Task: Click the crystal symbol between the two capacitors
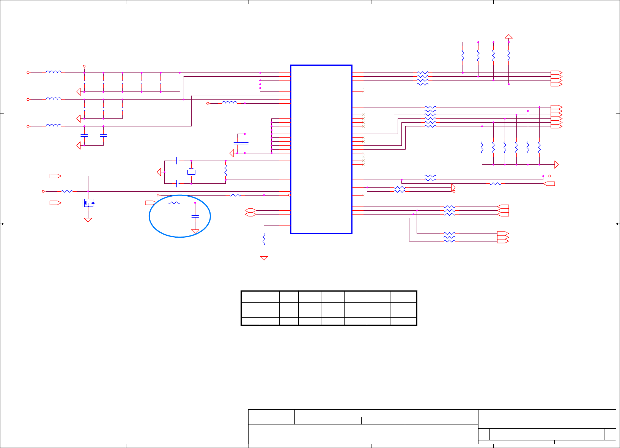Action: [x=191, y=172]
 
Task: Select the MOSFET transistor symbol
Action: [x=88, y=203]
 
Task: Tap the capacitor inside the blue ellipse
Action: [x=195, y=216]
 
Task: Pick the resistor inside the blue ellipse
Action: [x=174, y=203]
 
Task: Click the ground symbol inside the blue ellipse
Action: [x=195, y=231]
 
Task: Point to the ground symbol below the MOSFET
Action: [x=88, y=220]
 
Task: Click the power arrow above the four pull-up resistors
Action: [x=509, y=36]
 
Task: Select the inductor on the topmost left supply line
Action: [x=54, y=72]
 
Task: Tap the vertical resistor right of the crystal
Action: [x=226, y=170]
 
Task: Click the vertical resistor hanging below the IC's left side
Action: [x=264, y=239]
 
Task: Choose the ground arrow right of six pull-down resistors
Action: [x=556, y=164]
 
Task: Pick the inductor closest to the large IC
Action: [x=230, y=103]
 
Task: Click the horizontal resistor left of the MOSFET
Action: [x=67, y=191]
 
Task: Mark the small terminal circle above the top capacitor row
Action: [x=84, y=66]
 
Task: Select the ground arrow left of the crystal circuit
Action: [x=159, y=172]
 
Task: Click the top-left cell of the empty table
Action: [x=250, y=297]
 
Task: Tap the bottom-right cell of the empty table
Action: [x=403, y=321]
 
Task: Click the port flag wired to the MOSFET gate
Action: [x=55, y=203]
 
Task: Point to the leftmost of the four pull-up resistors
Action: [x=463, y=56]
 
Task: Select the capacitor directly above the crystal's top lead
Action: [x=178, y=161]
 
